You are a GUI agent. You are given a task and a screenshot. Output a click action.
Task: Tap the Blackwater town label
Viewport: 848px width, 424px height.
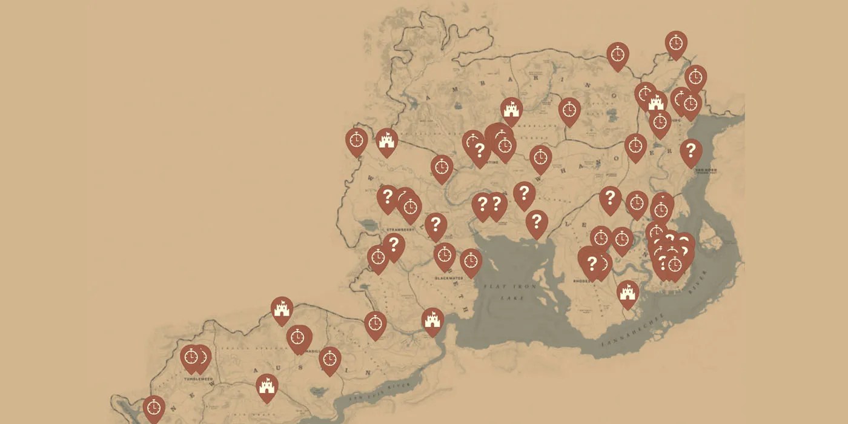(x=449, y=278)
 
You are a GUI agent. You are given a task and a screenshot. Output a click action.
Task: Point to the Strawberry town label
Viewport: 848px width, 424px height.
(x=399, y=230)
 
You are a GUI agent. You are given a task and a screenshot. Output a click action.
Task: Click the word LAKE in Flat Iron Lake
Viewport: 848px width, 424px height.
(x=512, y=298)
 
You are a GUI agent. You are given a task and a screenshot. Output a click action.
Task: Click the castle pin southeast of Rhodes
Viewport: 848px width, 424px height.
(x=628, y=293)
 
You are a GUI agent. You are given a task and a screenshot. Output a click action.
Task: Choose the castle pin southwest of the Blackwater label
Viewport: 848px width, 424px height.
(x=432, y=319)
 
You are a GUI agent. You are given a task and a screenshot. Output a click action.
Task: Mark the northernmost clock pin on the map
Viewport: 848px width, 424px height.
(x=676, y=43)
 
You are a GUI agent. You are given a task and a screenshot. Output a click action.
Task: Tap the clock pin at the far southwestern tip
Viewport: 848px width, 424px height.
(x=154, y=408)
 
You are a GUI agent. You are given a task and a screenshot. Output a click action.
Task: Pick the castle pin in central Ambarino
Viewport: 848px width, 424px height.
(x=511, y=109)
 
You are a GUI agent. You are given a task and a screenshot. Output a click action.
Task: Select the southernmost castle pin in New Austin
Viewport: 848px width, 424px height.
(x=267, y=385)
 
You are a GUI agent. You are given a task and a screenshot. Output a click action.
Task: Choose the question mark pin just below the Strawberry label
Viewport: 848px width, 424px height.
(x=394, y=245)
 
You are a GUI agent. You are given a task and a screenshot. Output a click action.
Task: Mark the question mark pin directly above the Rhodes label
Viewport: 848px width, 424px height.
(x=592, y=262)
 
